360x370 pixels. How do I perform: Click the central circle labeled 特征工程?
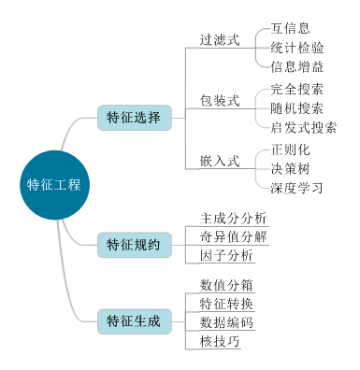pos(53,184)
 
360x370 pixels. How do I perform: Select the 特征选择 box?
pos(134,118)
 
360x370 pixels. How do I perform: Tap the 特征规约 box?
pos(134,245)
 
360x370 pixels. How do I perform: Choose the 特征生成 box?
pos(134,321)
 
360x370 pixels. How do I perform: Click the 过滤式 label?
pos(220,41)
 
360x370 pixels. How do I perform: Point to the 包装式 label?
pos(220,100)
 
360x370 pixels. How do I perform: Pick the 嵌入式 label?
pos(220,160)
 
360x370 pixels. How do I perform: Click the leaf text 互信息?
pos(291,28)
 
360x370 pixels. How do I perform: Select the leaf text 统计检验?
pos(297,48)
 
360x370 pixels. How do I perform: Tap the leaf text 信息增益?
pos(297,66)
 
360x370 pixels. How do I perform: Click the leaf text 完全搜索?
pos(297,90)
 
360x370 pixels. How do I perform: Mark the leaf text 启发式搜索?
pos(304,128)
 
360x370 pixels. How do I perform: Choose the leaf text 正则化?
pos(291,149)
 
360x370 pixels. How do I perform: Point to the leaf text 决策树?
pos(291,169)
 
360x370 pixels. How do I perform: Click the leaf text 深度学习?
pos(297,188)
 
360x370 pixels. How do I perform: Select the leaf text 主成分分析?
pos(233,218)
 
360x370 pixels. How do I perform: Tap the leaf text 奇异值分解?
pos(233,235)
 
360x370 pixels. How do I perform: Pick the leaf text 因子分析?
pos(226,255)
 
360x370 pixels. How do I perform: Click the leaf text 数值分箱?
pos(226,284)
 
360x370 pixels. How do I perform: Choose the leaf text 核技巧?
pos(220,341)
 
